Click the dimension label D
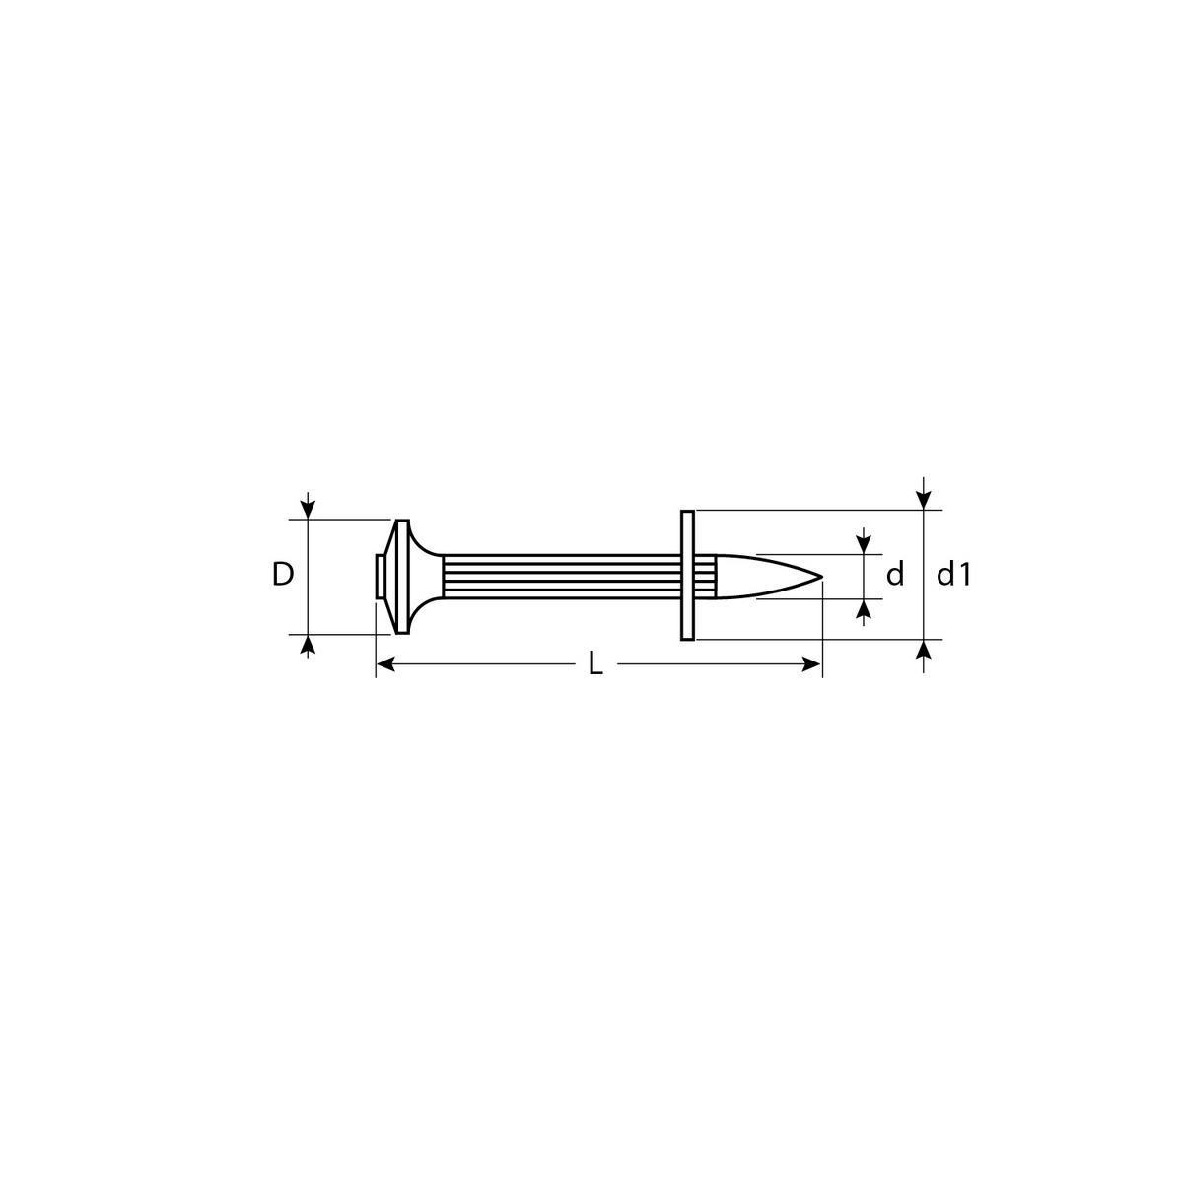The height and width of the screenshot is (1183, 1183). (282, 574)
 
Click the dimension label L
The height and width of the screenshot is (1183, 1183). (594, 663)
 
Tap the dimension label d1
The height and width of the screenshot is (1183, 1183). (952, 574)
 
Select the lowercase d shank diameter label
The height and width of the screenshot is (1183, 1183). (895, 574)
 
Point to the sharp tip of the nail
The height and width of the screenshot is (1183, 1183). (821, 577)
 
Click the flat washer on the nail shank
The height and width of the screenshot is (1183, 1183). (687, 575)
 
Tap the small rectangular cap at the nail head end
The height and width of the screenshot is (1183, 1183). (380, 576)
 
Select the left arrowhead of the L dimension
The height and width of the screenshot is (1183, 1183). (384, 663)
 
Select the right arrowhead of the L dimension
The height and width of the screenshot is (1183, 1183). (812, 663)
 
